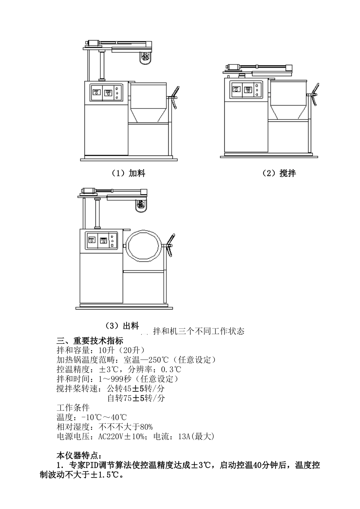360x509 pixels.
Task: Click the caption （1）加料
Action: pyautogui.click(x=128, y=173)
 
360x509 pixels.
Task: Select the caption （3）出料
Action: pyautogui.click(x=122, y=325)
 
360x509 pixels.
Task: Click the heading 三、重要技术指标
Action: pyautogui.click(x=90, y=340)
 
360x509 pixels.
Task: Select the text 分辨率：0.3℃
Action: pyautogui.click(x=155, y=369)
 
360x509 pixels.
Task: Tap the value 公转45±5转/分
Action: pyautogui.click(x=136, y=388)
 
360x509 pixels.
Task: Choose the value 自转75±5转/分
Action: pyautogui.click(x=136, y=398)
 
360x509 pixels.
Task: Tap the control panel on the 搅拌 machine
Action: pyautogui.click(x=246, y=91)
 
